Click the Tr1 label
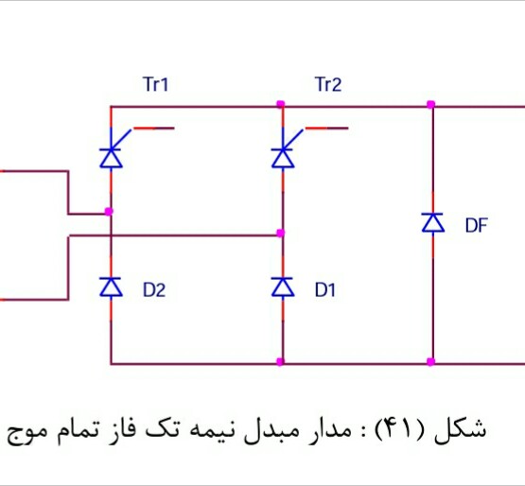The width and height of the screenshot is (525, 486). point(156,84)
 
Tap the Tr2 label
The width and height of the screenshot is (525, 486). point(328,84)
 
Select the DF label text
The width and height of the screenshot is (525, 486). point(476,225)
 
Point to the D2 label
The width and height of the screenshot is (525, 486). point(154,290)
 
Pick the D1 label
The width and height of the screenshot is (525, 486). point(324,290)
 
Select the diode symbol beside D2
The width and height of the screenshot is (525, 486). point(112,287)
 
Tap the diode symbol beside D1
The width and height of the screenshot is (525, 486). point(283,287)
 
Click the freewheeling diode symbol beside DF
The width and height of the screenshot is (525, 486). point(433,222)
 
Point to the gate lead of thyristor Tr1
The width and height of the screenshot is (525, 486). point(153,129)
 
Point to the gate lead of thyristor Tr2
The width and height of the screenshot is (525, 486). point(326,129)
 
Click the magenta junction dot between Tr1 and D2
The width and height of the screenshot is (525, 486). point(109,212)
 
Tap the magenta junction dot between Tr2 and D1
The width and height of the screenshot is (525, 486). point(281,233)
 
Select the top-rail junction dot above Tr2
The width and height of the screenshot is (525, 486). point(281,104)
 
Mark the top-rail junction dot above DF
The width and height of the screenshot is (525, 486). point(431,104)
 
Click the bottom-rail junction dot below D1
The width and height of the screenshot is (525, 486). point(281,361)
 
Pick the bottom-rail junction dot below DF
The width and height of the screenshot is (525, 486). point(431,361)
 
